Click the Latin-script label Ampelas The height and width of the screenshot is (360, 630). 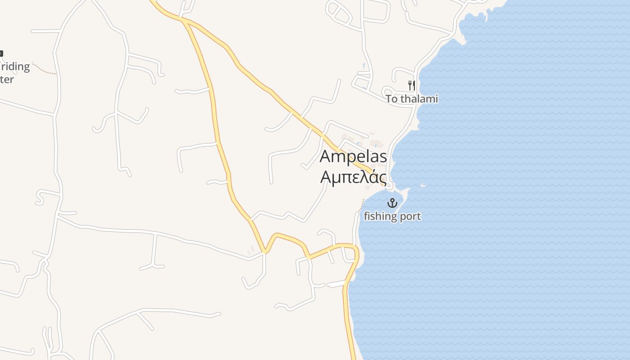coord(353,157)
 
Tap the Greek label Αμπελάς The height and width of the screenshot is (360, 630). coord(353,176)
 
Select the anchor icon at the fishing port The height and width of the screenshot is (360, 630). coord(393,203)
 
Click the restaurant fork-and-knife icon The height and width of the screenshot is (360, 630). coord(411,85)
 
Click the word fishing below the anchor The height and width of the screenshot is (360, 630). coord(379,216)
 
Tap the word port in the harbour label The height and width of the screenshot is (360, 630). coord(409,216)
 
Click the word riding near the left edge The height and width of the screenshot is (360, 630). coord(15,67)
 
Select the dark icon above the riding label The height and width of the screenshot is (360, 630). coord(1,54)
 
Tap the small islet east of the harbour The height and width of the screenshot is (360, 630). coord(423,185)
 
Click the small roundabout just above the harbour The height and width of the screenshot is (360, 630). coord(389,185)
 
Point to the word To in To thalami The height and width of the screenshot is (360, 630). coord(392,99)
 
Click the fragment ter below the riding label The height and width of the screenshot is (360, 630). coord(7,80)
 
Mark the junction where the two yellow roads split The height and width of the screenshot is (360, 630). coord(184,20)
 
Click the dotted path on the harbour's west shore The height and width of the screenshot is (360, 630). coord(361,205)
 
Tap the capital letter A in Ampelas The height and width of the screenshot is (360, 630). coord(326,157)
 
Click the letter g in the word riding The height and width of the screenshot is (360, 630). coord(26,68)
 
